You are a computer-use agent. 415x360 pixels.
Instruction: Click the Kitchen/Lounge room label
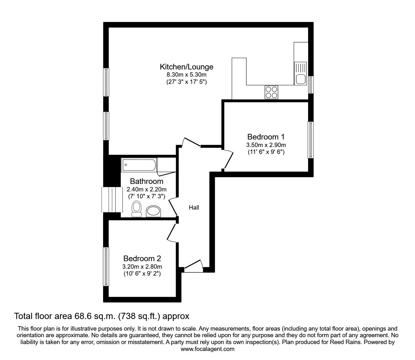(187, 67)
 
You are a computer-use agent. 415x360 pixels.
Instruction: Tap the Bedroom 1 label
(266, 137)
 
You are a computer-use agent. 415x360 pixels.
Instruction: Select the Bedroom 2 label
(142, 258)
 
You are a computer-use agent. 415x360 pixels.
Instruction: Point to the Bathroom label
(147, 181)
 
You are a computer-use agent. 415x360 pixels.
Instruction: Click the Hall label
(194, 207)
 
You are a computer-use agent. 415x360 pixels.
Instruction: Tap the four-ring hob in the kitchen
(271, 92)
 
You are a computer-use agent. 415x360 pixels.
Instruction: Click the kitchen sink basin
(301, 79)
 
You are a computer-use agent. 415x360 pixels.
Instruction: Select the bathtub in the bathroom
(139, 165)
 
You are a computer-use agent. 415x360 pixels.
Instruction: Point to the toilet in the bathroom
(136, 209)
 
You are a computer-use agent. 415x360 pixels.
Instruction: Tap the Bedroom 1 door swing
(228, 160)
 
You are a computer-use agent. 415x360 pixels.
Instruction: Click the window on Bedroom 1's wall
(310, 140)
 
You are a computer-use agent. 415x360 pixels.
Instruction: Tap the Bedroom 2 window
(106, 266)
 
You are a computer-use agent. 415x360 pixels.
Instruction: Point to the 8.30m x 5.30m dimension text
(187, 75)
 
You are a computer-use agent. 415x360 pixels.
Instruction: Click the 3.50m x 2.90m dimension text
(266, 145)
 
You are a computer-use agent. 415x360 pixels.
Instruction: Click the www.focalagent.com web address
(207, 349)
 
